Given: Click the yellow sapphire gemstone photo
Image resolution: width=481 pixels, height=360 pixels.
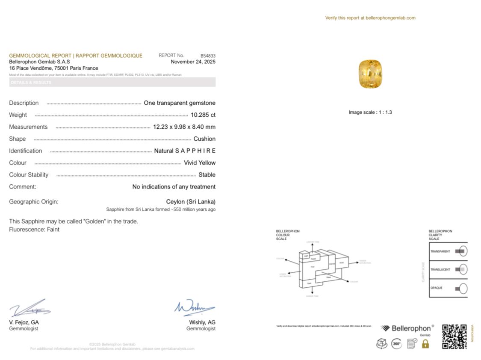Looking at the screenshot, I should [x=370, y=74].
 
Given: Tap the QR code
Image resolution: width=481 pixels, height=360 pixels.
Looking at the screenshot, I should [x=454, y=336].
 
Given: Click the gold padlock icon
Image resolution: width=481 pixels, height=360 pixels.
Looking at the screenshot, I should [x=425, y=343].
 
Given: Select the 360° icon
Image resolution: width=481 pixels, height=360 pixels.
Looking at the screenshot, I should [x=396, y=343].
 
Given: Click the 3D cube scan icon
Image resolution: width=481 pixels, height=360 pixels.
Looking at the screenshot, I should [x=381, y=343].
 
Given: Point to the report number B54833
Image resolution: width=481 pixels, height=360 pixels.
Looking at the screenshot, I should [x=208, y=56].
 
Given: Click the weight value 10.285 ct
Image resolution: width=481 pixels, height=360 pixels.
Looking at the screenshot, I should [x=203, y=115].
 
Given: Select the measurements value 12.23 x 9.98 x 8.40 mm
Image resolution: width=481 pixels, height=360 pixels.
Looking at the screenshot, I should [x=184, y=127].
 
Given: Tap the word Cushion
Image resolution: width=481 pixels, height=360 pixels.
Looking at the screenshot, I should [x=204, y=139].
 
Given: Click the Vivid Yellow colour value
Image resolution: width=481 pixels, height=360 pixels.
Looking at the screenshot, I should [x=199, y=163].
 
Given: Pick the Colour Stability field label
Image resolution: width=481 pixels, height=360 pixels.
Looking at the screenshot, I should [x=29, y=175].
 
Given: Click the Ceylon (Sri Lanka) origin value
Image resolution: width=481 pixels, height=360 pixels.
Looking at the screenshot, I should [x=191, y=202].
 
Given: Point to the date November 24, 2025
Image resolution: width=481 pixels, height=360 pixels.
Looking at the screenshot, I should [x=193, y=62].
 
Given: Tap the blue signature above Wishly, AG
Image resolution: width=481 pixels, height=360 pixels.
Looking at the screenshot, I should [x=194, y=308].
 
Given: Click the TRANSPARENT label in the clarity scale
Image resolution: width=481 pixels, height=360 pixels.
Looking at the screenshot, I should [x=440, y=251].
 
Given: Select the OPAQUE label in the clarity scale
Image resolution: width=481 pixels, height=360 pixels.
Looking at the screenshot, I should [x=436, y=288].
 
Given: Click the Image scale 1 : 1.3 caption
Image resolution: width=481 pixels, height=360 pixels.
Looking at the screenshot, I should [x=370, y=112].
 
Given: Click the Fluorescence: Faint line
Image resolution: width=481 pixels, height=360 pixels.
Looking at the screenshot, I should [x=34, y=230].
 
